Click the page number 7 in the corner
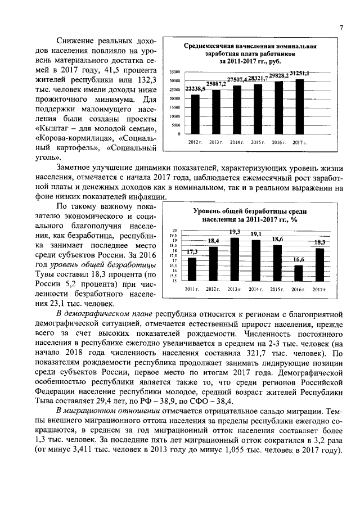341,29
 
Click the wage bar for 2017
299,106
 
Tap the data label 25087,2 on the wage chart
216,84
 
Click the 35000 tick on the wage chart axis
174,72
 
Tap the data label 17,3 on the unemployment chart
192,251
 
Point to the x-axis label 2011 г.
192,289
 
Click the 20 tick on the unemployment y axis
175,231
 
